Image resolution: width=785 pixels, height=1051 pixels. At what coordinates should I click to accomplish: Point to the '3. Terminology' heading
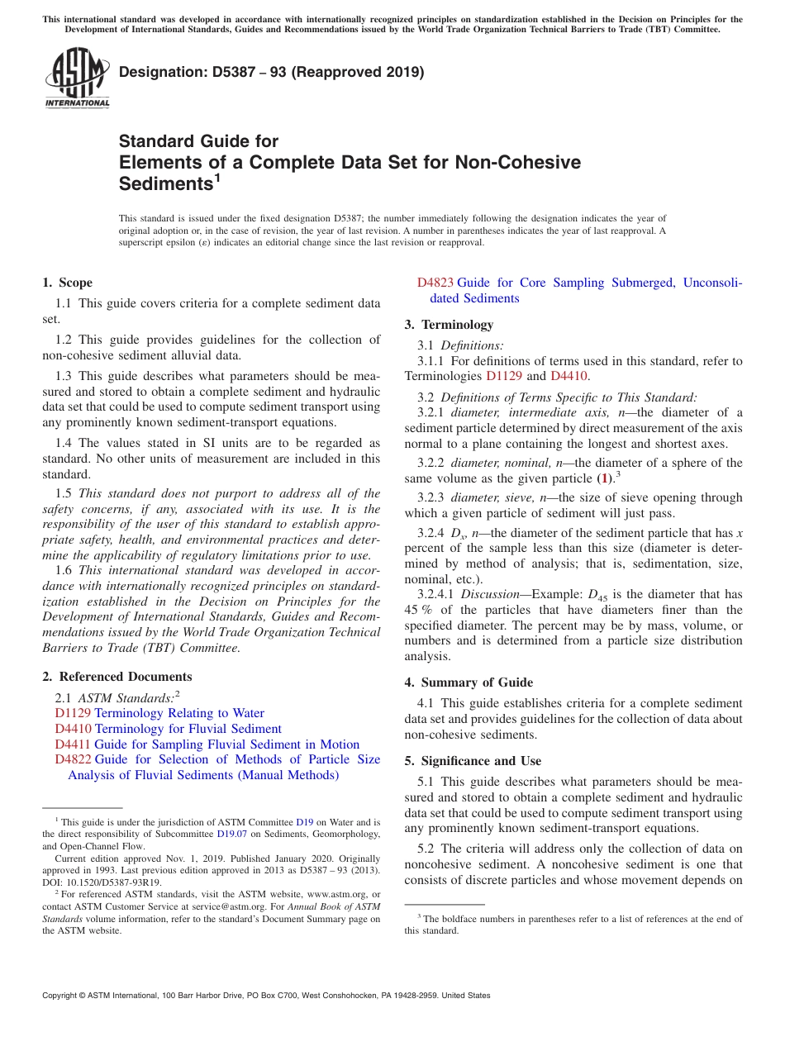(x=449, y=325)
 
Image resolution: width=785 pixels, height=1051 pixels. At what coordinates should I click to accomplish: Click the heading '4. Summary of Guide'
(x=469, y=682)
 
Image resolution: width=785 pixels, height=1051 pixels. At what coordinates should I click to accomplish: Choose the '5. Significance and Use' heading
(x=473, y=761)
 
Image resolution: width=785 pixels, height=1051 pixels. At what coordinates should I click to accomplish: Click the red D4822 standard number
(x=73, y=759)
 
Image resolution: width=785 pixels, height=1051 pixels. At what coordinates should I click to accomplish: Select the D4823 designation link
(x=435, y=283)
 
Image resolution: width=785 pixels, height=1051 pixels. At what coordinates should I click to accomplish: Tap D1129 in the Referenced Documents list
(x=73, y=713)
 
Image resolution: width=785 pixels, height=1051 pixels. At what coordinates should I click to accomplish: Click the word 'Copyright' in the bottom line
(x=63, y=996)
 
